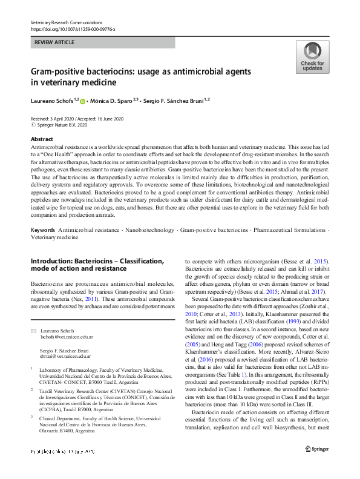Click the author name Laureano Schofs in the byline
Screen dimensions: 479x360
[53, 101]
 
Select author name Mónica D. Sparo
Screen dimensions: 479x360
[115, 101]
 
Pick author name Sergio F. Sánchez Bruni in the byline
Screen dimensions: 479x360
[174, 101]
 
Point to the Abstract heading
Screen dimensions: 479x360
[42, 139]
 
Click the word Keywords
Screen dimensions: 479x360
[44, 214]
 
